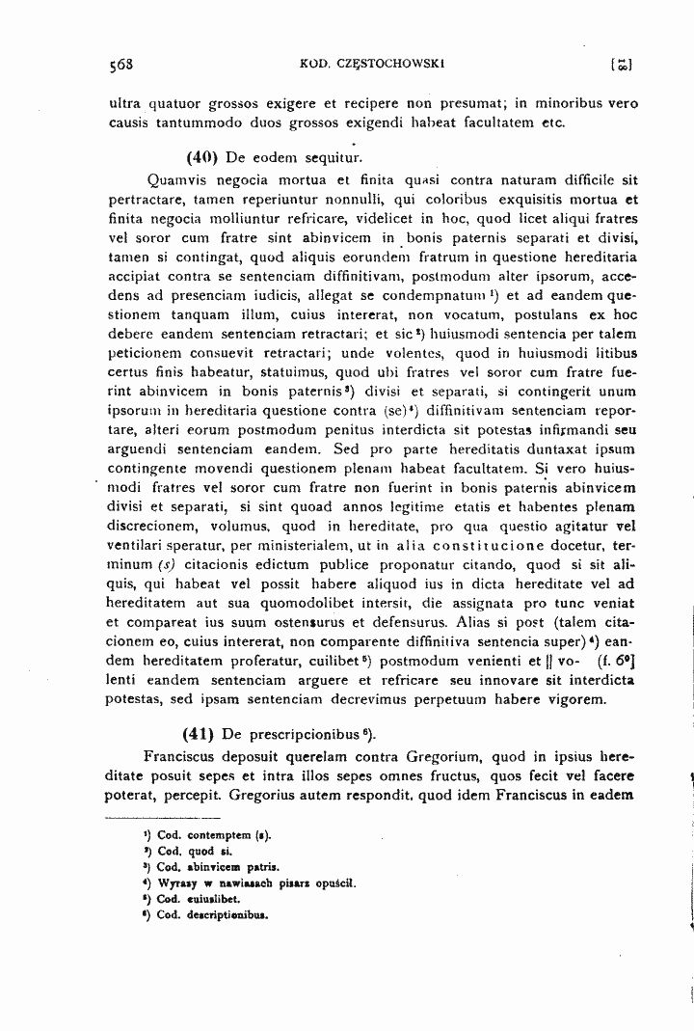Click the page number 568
(120, 66)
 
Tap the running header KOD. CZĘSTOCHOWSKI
(356, 65)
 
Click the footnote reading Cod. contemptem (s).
(206, 834)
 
